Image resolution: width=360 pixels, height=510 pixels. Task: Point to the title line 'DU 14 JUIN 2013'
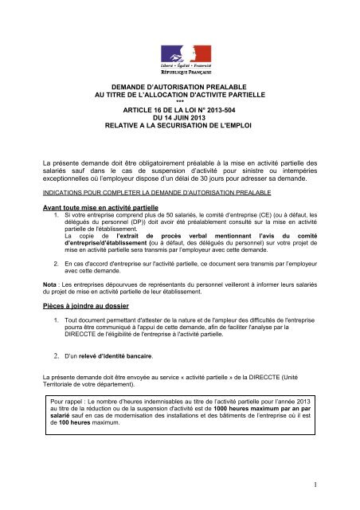click(179, 119)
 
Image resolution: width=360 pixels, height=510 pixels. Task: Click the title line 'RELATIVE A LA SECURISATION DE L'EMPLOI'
click(179, 127)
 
